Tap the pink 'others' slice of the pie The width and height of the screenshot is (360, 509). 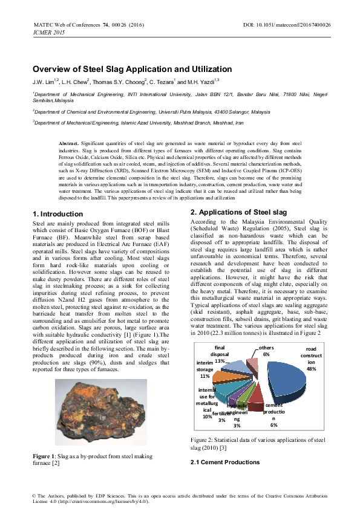pyautogui.click(x=253, y=365)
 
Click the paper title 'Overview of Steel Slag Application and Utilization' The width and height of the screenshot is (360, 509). pyautogui.click(x=132, y=70)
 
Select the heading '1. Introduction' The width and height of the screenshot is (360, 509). pyautogui.click(x=57, y=214)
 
